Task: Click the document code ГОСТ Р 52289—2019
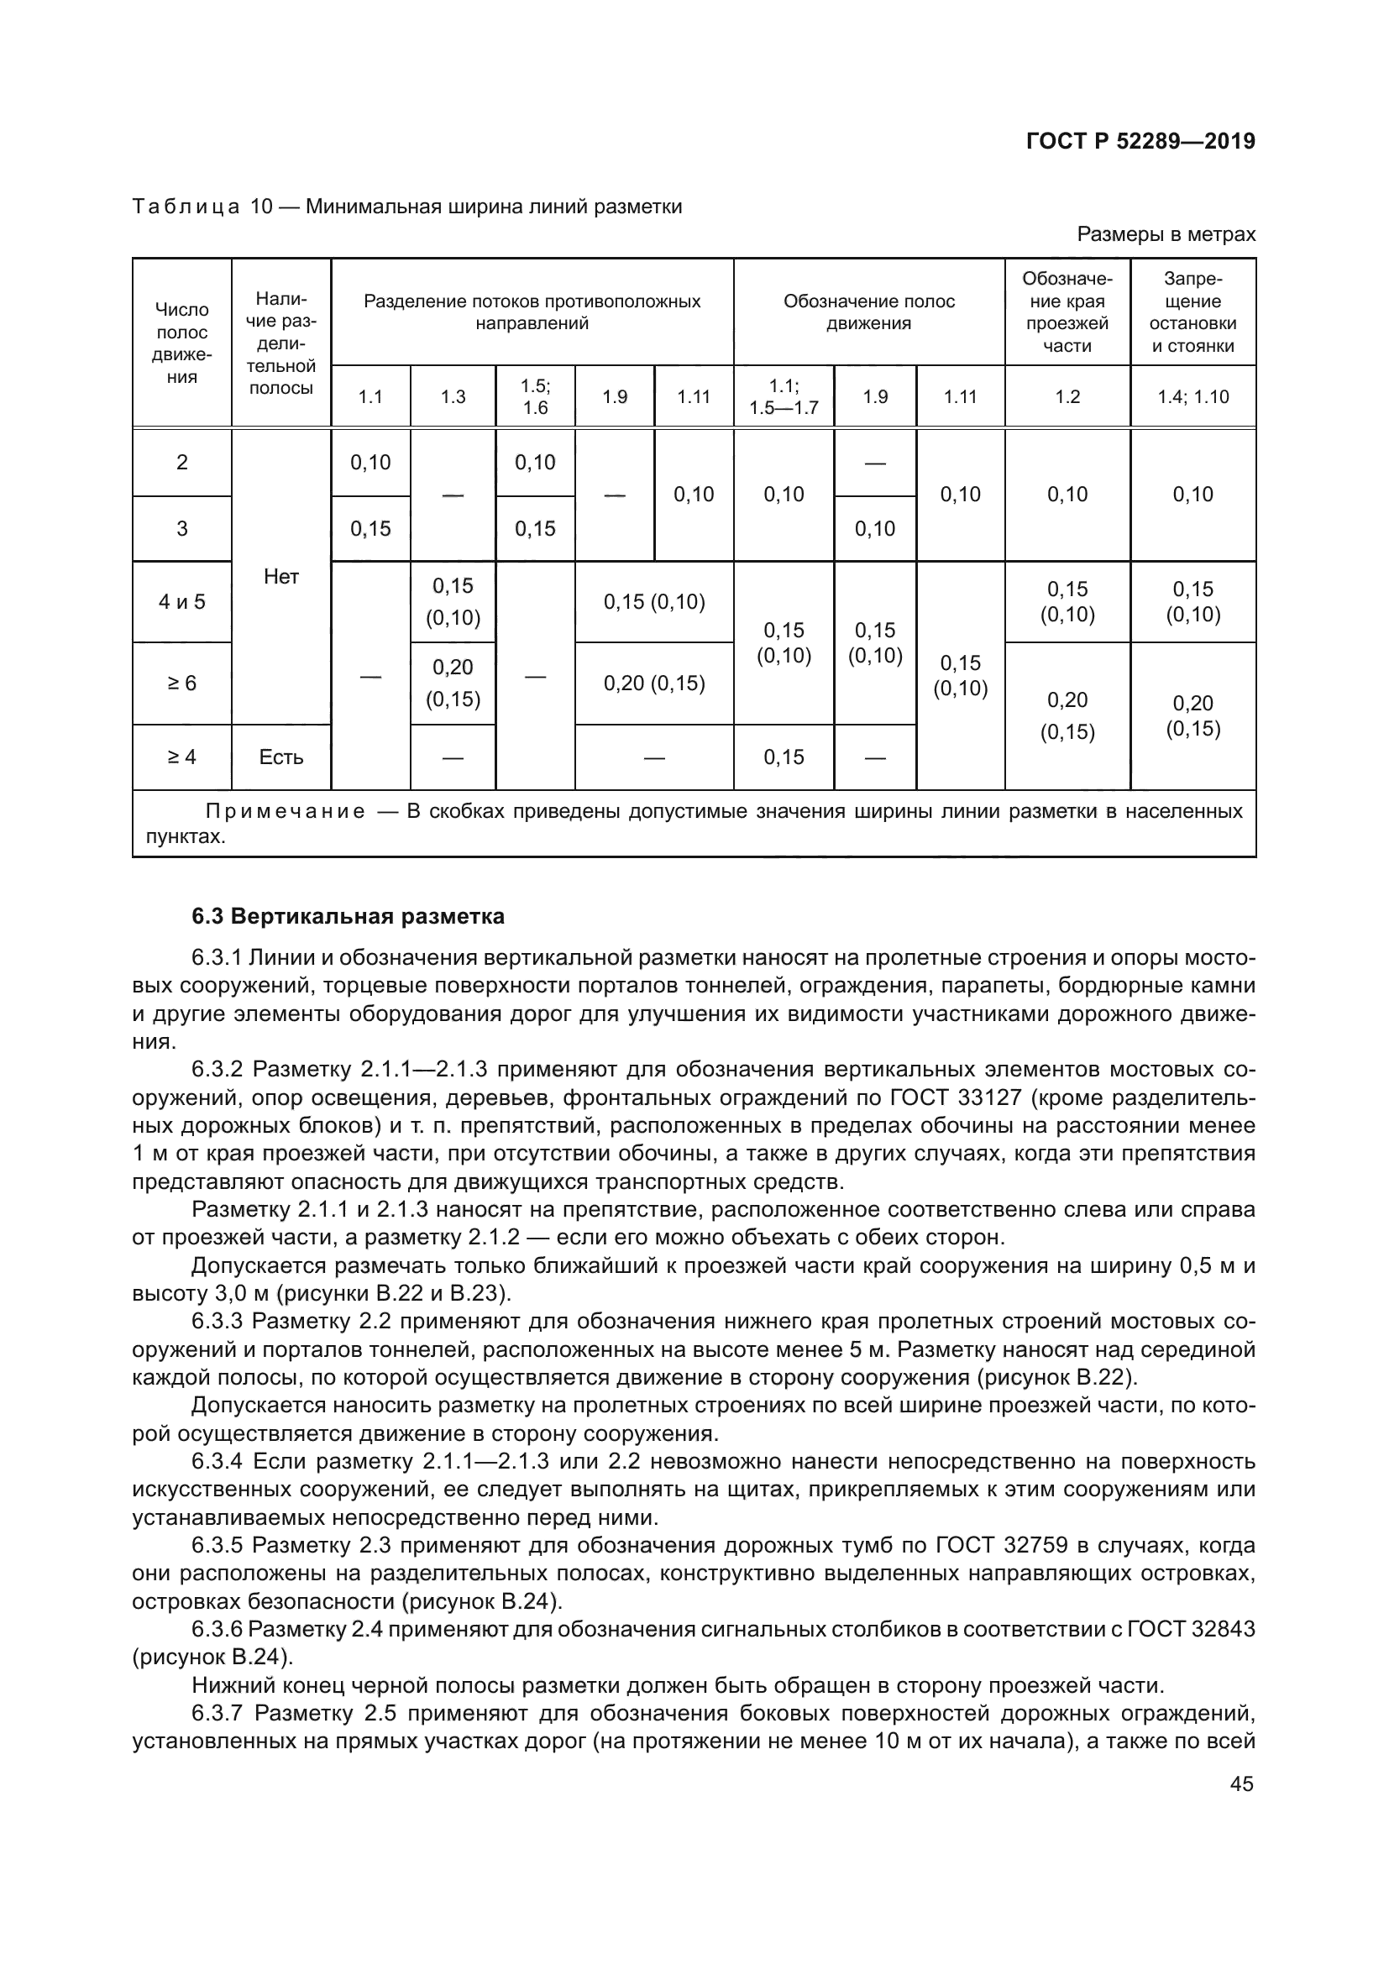click(x=1140, y=141)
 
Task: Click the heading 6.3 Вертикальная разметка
click(x=349, y=916)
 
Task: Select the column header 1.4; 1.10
click(x=1192, y=397)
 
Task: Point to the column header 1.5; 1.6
click(x=536, y=397)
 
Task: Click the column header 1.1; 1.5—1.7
click(x=784, y=397)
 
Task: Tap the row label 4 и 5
click(x=182, y=602)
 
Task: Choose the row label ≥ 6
click(x=182, y=683)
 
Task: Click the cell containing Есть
click(x=281, y=757)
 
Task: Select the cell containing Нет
click(x=281, y=578)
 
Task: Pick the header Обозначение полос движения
click(x=869, y=312)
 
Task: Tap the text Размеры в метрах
click(x=1166, y=234)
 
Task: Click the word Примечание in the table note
click(x=286, y=811)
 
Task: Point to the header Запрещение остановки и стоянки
click(x=1192, y=312)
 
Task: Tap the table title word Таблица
click(x=186, y=207)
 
